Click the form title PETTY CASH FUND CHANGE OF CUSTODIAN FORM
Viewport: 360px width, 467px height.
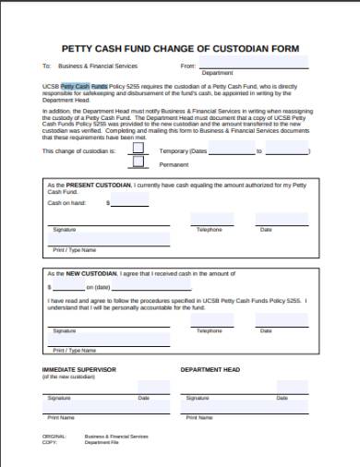coord(179,47)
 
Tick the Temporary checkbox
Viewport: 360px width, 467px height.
coord(138,148)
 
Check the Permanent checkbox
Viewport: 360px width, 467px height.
coord(138,163)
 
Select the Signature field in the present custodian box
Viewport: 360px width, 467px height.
coord(102,221)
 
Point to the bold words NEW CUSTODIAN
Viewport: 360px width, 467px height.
coord(88,274)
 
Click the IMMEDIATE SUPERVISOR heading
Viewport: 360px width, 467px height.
coord(78,369)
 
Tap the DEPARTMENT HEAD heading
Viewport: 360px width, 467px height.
coord(210,369)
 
